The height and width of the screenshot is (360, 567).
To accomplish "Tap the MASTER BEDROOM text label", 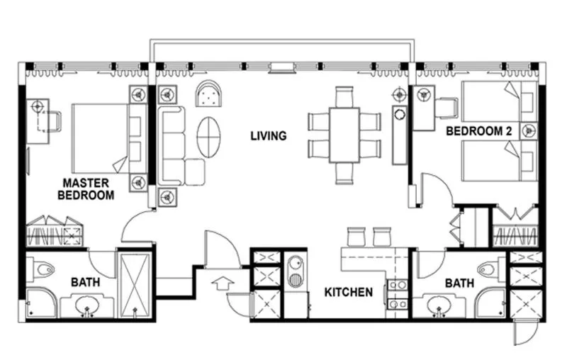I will point(86,189).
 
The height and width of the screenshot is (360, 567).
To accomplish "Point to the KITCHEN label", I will point(349,291).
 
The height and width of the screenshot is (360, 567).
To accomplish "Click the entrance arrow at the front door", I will point(222,283).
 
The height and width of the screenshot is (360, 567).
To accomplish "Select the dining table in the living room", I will point(344,135).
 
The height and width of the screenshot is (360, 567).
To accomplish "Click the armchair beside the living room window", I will point(208,94).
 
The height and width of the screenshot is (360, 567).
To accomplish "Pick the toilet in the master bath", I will point(45,270).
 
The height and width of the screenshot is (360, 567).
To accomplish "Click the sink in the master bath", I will point(89,306).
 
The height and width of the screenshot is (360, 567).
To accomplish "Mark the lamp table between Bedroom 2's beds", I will point(528,130).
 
